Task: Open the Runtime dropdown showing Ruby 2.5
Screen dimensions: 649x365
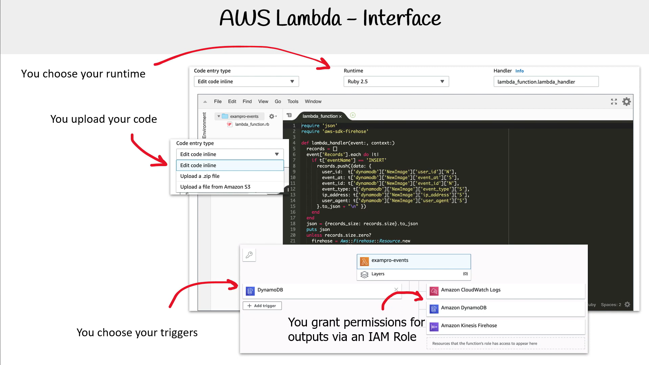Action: click(x=396, y=82)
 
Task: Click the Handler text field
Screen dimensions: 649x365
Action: click(x=546, y=82)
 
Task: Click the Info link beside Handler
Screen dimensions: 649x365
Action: click(x=520, y=71)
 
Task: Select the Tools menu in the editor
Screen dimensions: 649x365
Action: click(x=293, y=101)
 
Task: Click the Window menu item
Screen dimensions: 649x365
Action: click(x=313, y=101)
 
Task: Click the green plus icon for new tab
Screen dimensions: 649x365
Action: click(x=353, y=115)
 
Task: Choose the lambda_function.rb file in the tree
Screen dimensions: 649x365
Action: click(x=252, y=124)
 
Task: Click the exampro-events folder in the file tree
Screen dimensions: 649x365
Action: click(x=244, y=116)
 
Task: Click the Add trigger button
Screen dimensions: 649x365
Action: click(x=262, y=306)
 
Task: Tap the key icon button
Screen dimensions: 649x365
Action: click(x=249, y=255)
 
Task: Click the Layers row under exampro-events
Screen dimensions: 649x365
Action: click(x=414, y=274)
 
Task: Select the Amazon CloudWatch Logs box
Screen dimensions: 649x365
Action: click(x=506, y=290)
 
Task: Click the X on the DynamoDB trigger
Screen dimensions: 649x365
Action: click(x=396, y=290)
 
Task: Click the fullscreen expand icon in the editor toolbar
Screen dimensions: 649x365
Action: click(x=614, y=101)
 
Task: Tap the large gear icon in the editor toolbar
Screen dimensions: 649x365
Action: click(x=627, y=101)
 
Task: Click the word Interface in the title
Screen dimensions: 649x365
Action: click(x=402, y=18)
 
